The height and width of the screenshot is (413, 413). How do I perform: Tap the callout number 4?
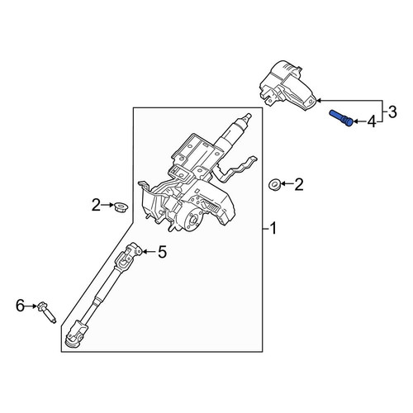point(372,121)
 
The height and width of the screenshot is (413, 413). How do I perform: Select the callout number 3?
point(392,112)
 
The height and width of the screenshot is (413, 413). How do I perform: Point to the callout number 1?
point(273,229)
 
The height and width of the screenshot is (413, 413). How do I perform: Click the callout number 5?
point(163,252)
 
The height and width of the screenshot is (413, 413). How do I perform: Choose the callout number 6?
point(20,306)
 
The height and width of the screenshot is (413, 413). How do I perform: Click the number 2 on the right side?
point(299,184)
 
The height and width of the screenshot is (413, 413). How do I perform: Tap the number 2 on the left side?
point(96,205)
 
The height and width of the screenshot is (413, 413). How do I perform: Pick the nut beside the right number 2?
point(275,184)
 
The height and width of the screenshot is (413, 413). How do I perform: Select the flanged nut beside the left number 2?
point(121,207)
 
